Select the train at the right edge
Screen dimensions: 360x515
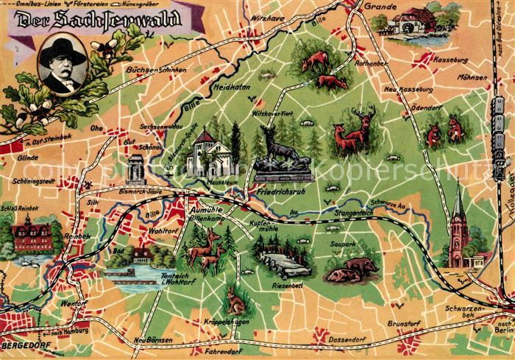(499, 136)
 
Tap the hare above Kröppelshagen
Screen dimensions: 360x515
(235, 301)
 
